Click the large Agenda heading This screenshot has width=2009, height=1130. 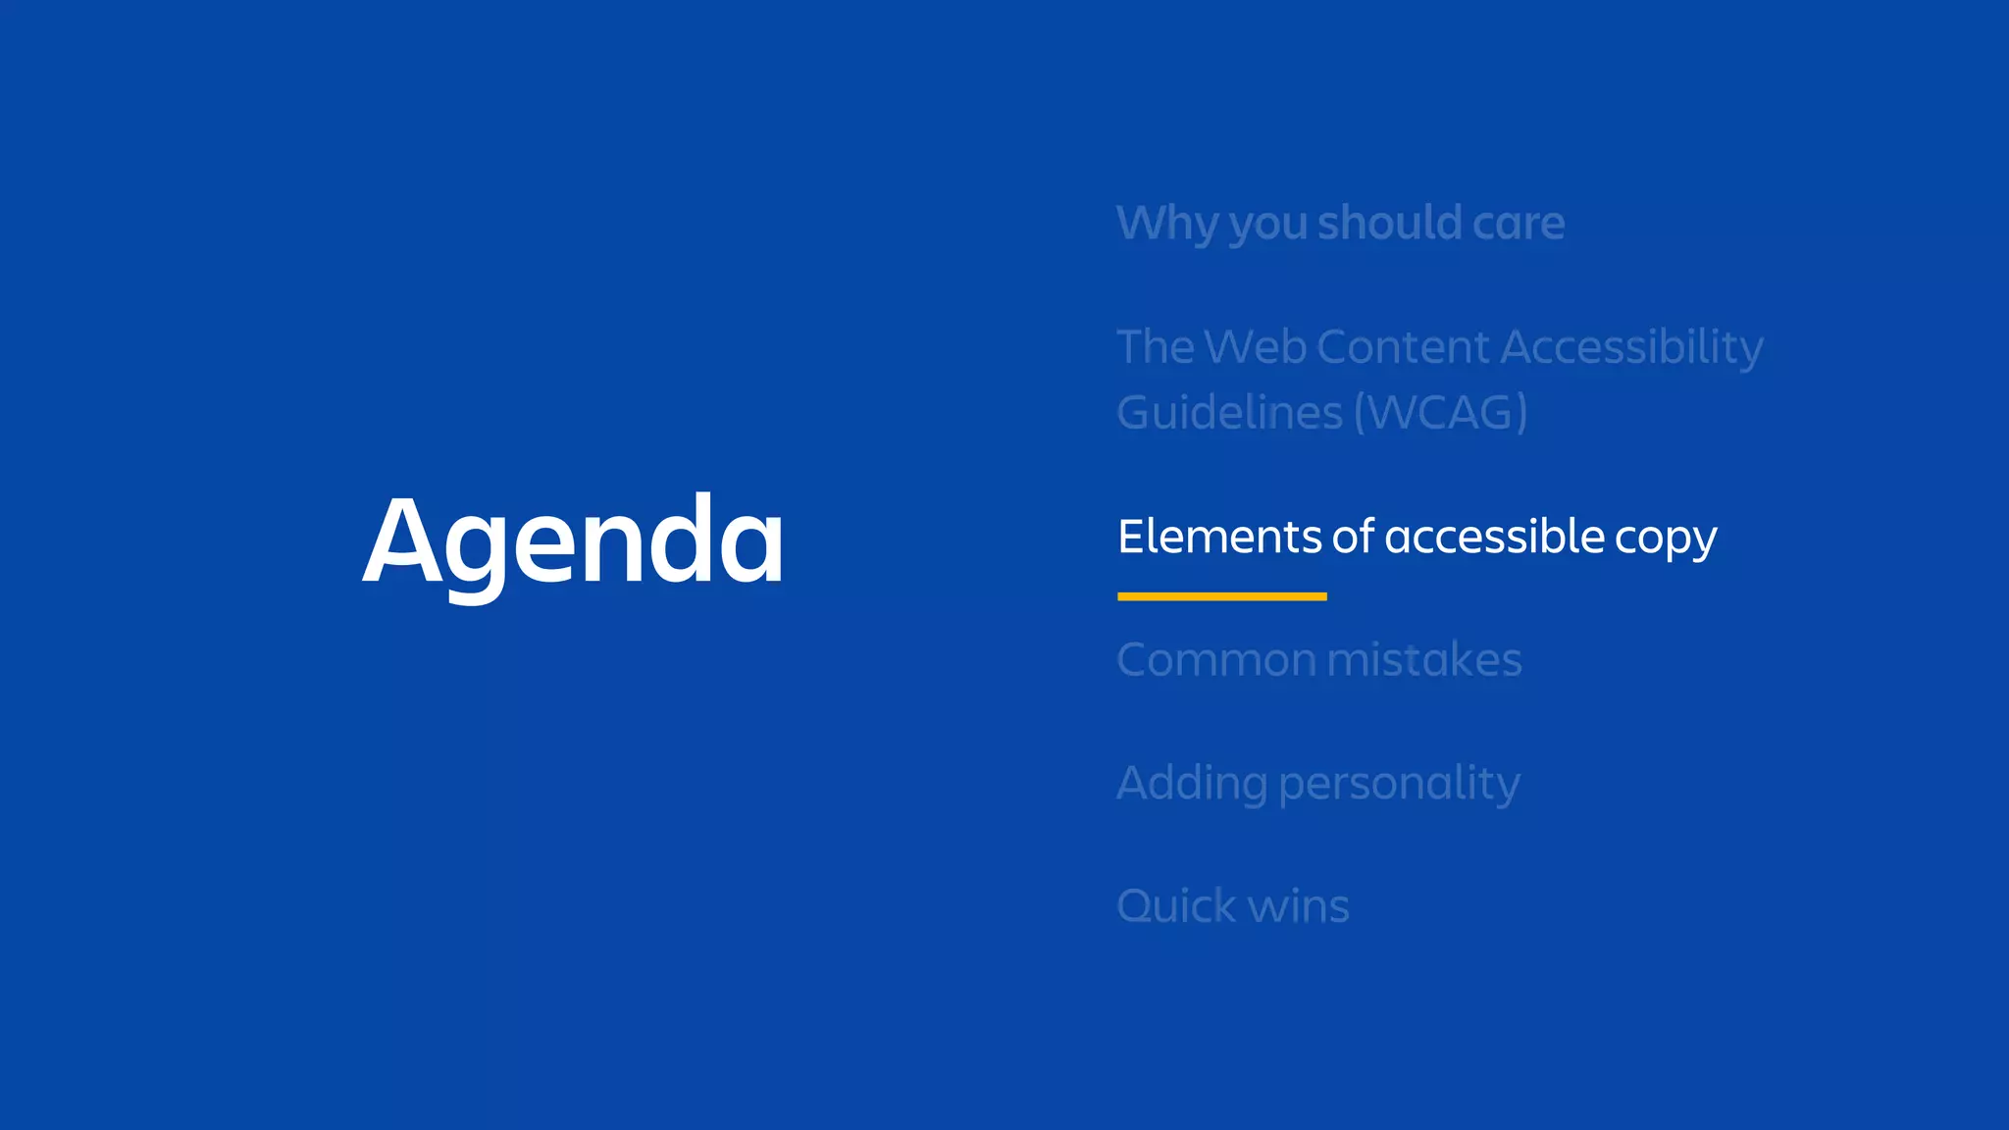(x=574, y=541)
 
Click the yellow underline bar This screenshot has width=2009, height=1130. (x=1221, y=596)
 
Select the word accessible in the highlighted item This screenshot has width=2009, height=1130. (x=1494, y=537)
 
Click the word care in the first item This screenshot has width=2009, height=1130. (x=1518, y=224)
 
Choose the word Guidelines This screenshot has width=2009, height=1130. (x=1229, y=412)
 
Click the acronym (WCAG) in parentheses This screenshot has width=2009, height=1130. (x=1440, y=412)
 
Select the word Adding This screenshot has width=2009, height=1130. (x=1192, y=784)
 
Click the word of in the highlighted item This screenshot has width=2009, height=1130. (x=1353, y=537)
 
